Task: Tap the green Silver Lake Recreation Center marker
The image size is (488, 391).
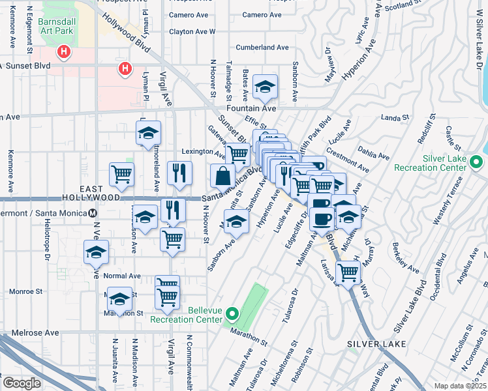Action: click(476, 162)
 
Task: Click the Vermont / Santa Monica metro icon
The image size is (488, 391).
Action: click(93, 212)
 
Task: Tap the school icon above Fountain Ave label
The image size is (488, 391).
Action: click(266, 87)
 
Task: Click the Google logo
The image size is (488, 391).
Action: click(22, 383)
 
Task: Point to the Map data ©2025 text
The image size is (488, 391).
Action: click(461, 386)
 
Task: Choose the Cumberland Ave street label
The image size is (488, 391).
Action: click(262, 48)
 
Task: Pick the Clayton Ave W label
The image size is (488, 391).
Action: click(192, 31)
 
